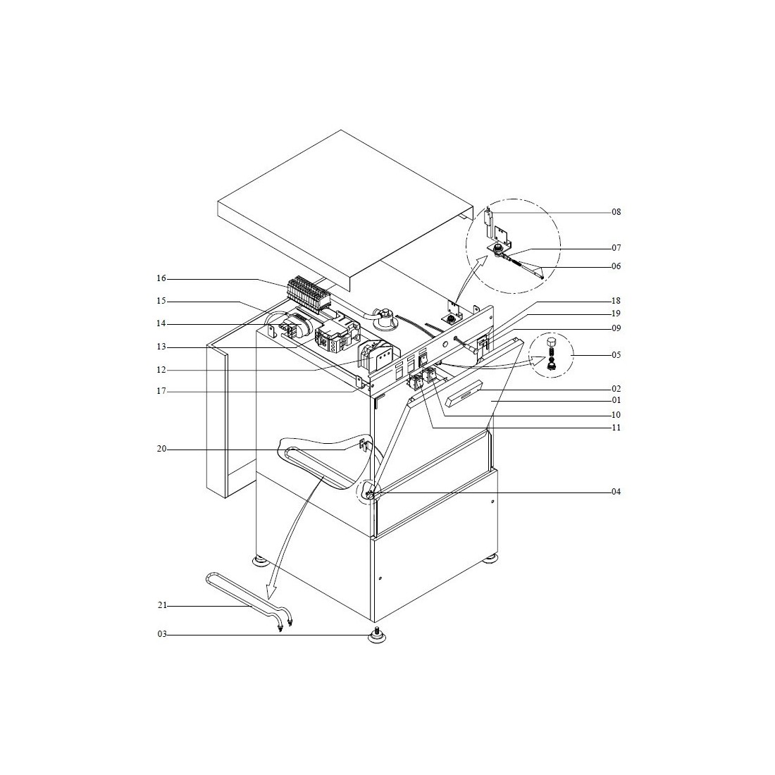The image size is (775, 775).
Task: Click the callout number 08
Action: (616, 212)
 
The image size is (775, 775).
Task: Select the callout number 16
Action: (161, 279)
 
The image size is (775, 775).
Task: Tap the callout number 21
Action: (163, 606)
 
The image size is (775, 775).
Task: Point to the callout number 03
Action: (163, 634)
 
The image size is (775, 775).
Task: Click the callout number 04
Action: (616, 492)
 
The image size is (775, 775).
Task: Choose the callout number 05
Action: (616, 355)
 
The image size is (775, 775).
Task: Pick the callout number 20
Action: (161, 449)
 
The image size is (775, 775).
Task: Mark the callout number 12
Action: (161, 370)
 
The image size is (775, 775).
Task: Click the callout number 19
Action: (616, 314)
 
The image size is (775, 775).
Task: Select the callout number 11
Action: (616, 428)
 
